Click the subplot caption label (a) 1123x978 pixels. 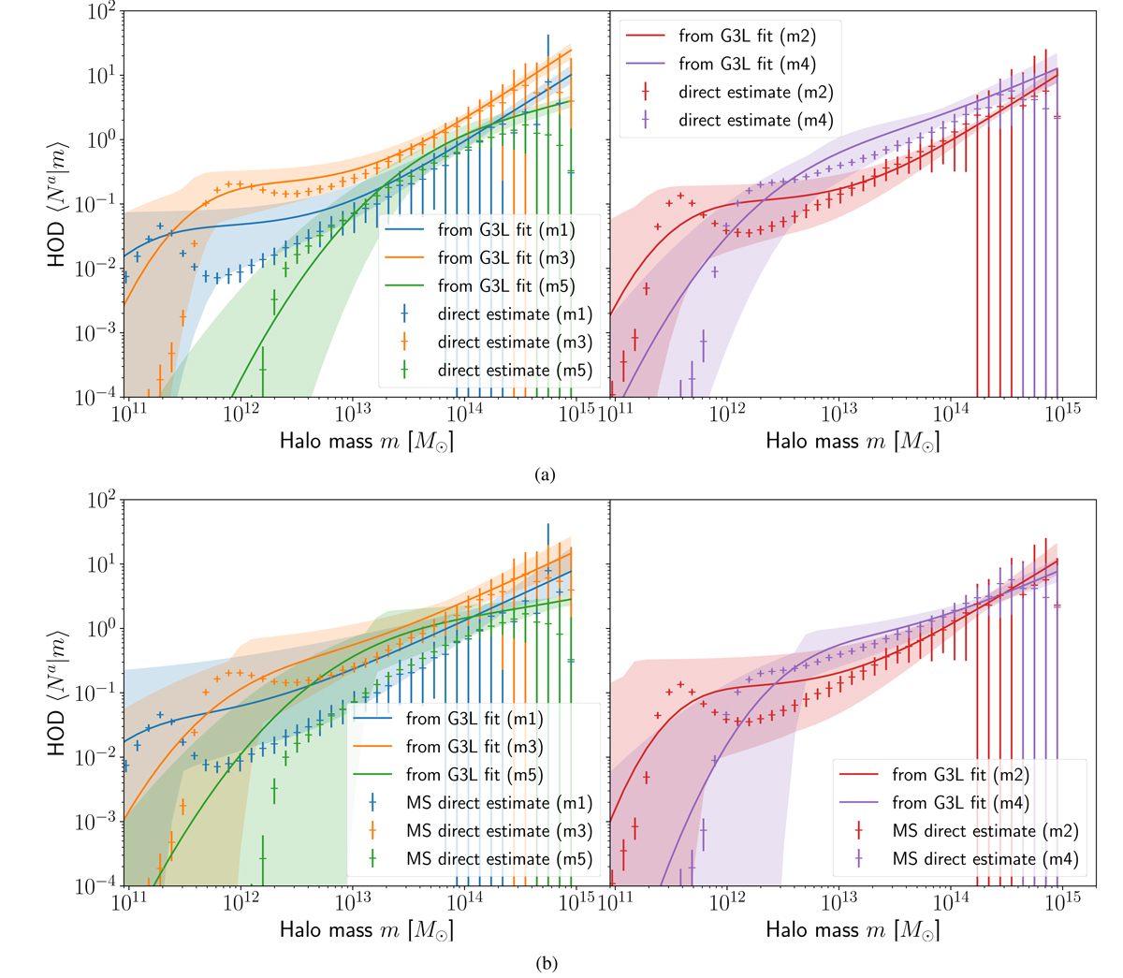point(546,474)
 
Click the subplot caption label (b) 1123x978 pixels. point(546,962)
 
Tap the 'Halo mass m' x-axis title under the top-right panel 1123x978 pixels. point(852,441)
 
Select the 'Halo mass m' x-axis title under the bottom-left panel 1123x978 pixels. point(366,929)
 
